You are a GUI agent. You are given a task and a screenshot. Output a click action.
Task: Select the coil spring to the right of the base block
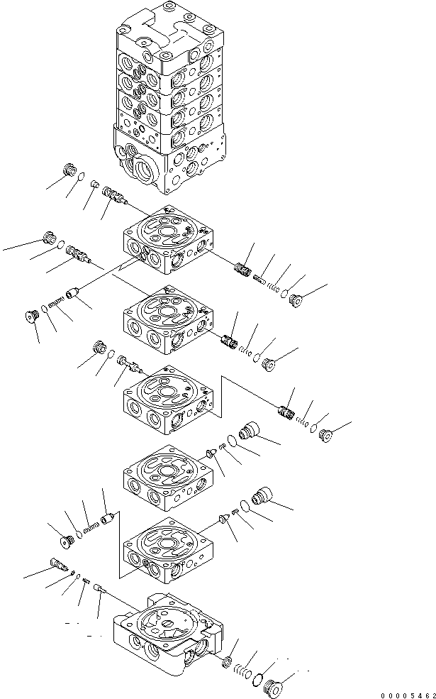244,671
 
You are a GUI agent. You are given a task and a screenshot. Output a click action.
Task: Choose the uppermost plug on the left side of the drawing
69,170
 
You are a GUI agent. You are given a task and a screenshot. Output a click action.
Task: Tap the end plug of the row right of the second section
269,364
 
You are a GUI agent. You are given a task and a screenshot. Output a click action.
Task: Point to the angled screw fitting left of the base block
59,564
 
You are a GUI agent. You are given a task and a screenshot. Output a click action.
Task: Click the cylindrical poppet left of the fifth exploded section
107,520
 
